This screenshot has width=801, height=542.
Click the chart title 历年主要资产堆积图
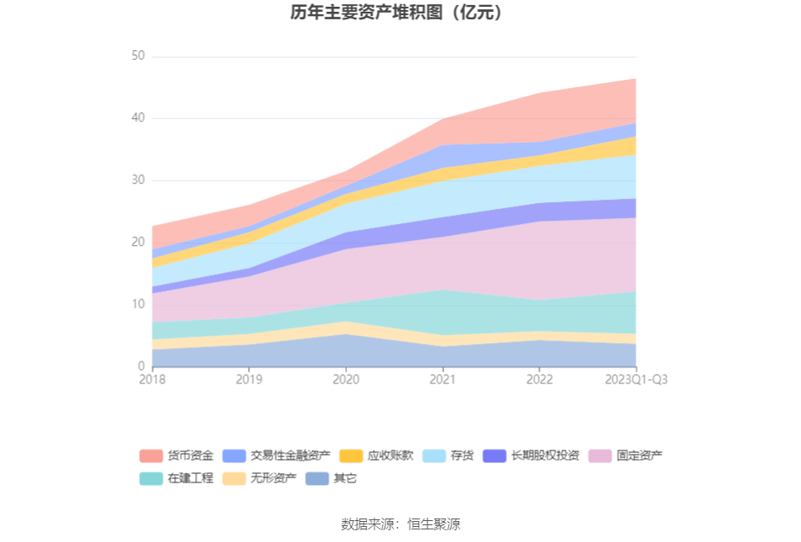coord(400,13)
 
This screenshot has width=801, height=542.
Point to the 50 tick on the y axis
coord(137,56)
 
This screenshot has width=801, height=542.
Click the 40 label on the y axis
coord(137,118)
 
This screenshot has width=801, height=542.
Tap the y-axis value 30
coord(137,180)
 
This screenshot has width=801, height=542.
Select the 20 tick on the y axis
coord(137,242)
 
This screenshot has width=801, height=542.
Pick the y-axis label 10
coord(137,305)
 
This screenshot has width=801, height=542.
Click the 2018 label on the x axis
coord(152,379)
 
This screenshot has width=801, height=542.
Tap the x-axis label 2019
coord(249,379)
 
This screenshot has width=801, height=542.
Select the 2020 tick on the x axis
coord(346,379)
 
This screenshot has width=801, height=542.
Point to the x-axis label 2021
coord(442,379)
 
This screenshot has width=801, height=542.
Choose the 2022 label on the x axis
coord(539,379)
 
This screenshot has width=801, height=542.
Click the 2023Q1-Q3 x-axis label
coord(636,379)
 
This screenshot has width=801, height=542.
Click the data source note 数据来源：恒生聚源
coord(400,524)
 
